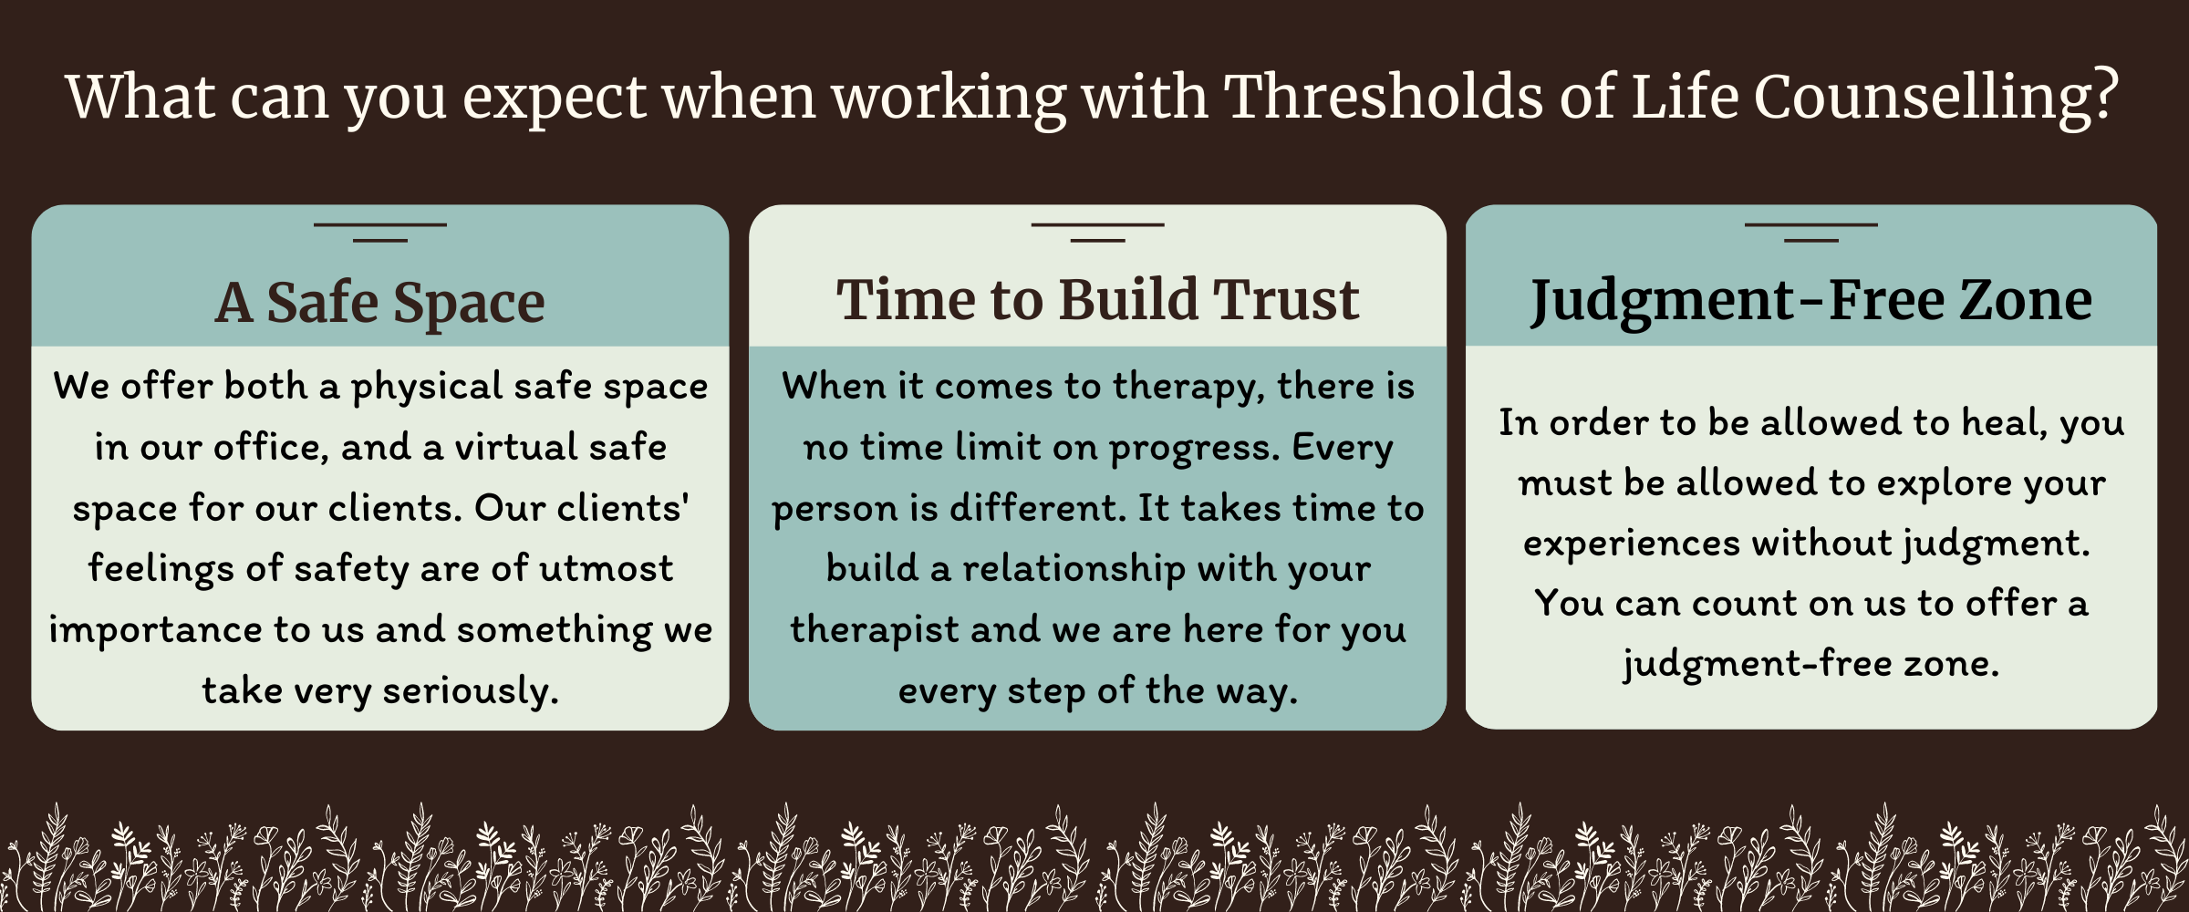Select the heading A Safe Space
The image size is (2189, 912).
coord(379,304)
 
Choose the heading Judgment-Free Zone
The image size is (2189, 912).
coord(1810,301)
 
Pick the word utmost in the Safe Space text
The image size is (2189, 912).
coord(606,569)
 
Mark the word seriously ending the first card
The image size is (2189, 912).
coord(470,691)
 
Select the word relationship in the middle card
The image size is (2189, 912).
coord(1074,569)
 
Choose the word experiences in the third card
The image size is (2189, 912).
coord(1632,544)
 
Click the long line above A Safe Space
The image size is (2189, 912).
coord(380,224)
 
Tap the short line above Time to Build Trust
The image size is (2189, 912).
coord(1097,241)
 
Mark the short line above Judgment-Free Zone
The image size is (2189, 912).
coord(1810,241)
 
